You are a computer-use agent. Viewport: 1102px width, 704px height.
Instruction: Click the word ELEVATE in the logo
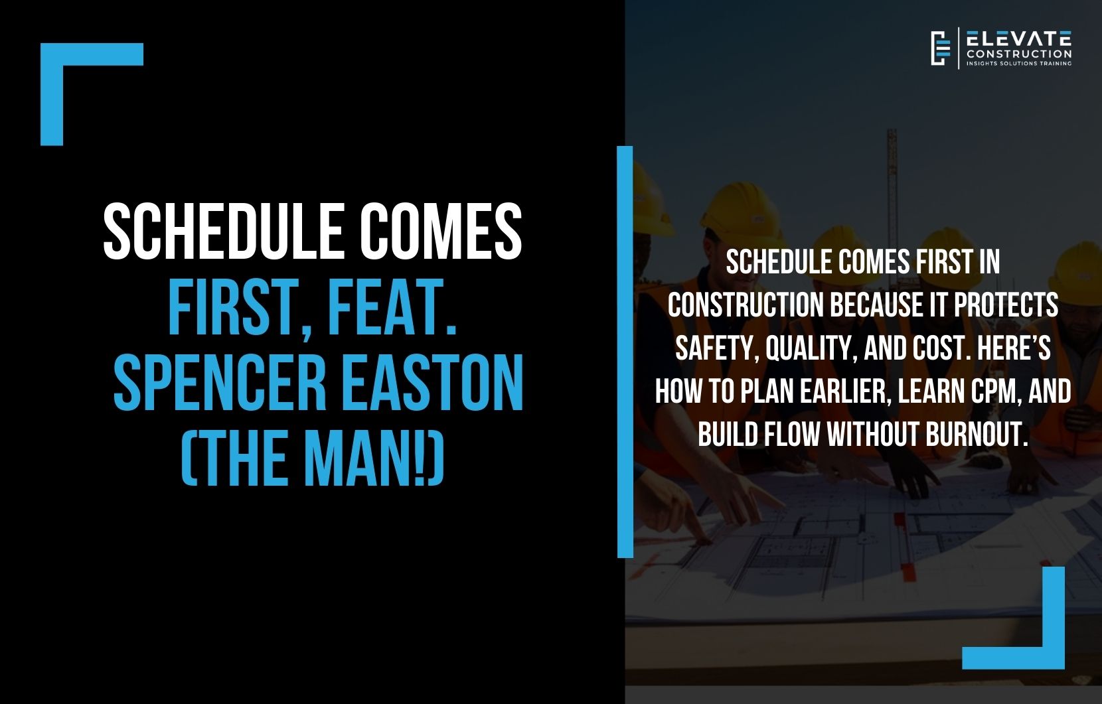[x=1018, y=38]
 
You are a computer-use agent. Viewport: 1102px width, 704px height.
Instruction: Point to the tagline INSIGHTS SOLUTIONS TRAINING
[x=1018, y=64]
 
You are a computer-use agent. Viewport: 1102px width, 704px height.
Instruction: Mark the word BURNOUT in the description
[x=976, y=435]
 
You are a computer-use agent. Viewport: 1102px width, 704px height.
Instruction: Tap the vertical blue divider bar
[x=625, y=352]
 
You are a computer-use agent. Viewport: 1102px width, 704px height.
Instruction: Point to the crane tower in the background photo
[x=892, y=179]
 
